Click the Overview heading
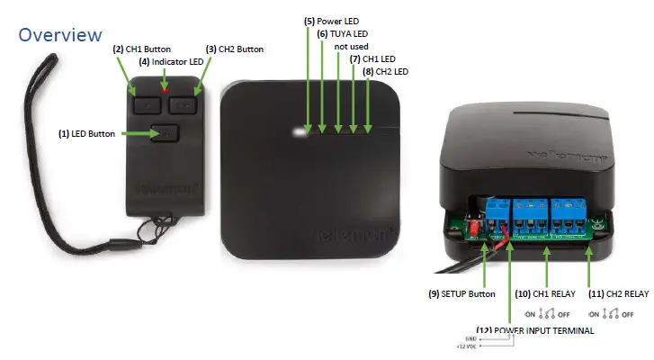coord(60,35)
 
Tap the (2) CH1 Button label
coord(141,48)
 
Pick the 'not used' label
coord(351,46)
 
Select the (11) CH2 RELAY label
coord(617,293)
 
